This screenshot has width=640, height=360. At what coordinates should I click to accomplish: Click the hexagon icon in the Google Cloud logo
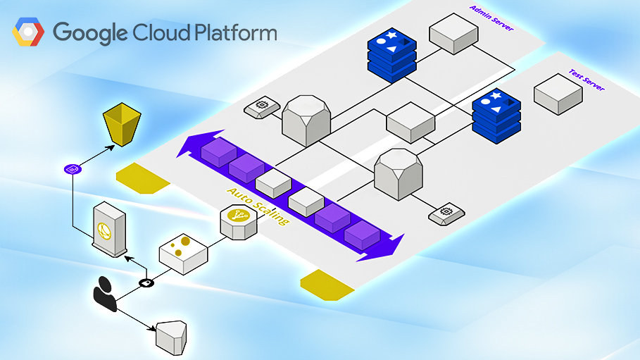click(x=28, y=33)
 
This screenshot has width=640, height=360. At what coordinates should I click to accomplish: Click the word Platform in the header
click(x=230, y=33)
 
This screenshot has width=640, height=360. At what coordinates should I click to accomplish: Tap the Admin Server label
click(x=491, y=18)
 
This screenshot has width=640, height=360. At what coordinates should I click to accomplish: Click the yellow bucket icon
click(x=123, y=125)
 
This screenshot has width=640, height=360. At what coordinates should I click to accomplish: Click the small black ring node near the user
click(x=146, y=283)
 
